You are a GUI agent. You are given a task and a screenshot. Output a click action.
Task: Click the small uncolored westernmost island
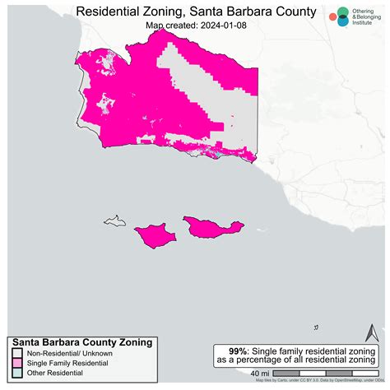click(x=114, y=221)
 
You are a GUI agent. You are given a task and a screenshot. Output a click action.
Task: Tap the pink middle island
click(x=156, y=236)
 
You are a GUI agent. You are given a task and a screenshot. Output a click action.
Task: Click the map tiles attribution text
click(x=320, y=381)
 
